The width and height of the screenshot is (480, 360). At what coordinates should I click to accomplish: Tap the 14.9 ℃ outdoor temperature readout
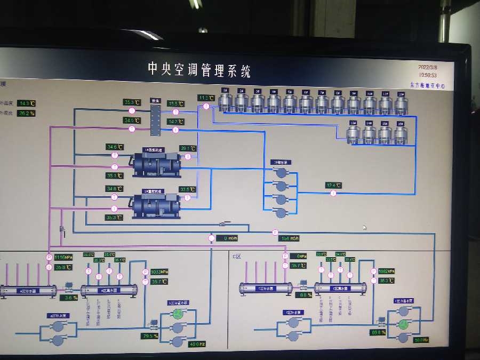pos(26,103)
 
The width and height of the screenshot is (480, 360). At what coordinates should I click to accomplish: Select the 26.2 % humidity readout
pos(26,114)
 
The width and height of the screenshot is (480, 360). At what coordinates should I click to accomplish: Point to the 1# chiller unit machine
pos(156,163)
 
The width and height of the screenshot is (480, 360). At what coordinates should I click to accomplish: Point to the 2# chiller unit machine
pos(156,205)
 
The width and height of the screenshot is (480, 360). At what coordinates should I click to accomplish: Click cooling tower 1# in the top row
pos(225,101)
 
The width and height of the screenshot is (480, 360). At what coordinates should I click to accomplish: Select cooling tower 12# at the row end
pos(401,102)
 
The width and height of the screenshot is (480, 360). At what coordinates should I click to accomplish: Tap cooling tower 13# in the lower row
pos(353,133)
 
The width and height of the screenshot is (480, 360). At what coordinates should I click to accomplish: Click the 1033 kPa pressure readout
pos(159,271)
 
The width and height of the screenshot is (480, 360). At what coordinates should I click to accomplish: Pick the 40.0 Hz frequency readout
pos(197,344)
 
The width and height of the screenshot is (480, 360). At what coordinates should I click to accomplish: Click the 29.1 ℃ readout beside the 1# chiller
pos(188,148)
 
